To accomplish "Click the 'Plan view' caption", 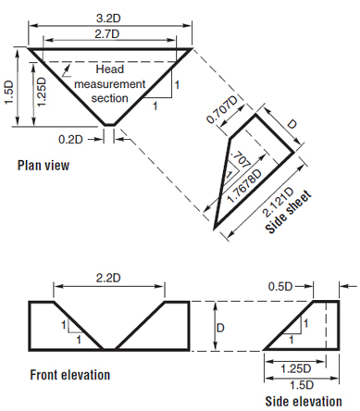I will point(43,167).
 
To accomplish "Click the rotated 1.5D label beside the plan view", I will point(9,93).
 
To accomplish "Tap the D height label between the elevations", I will point(219,327).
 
